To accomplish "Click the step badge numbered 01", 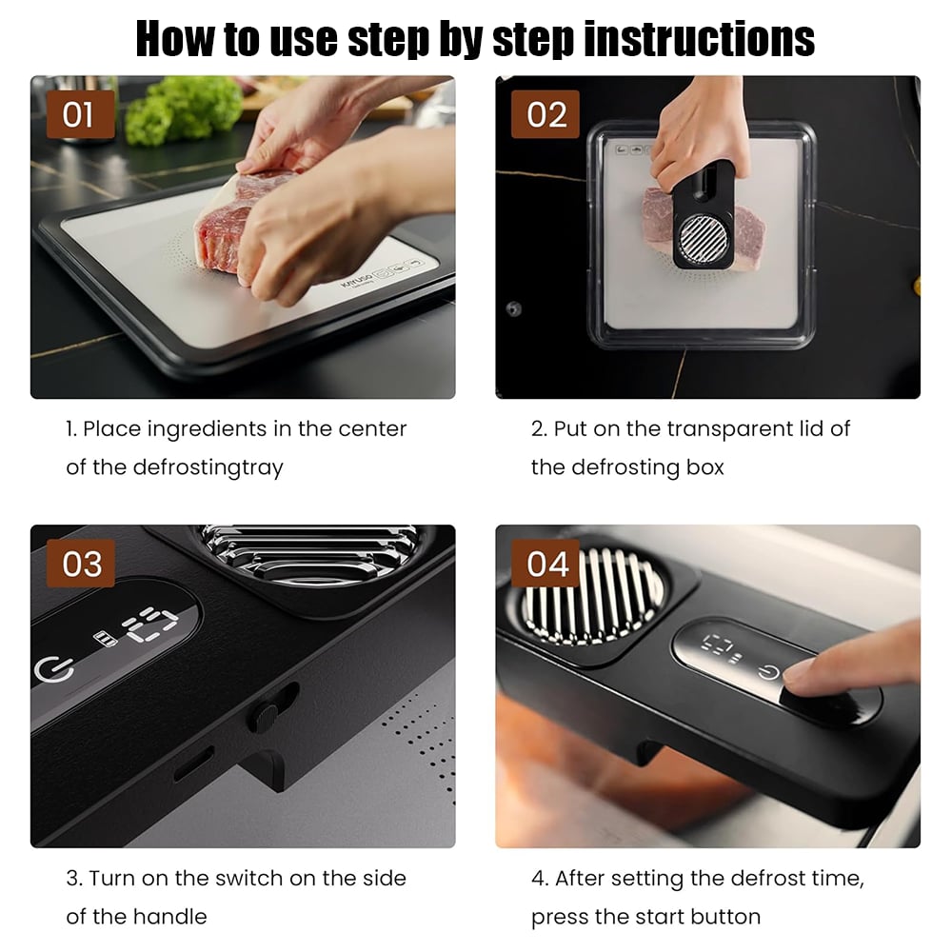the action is pos(80,114).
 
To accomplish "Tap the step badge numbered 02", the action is pos(545,114).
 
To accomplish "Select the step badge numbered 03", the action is pos(80,564).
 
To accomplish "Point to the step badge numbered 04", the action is pos(545,564).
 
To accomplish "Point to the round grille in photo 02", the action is pos(704,239).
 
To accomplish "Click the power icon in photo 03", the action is pos(54,669).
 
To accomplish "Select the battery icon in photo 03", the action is pos(105,639).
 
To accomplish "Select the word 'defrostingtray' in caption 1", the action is pos(208,467).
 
